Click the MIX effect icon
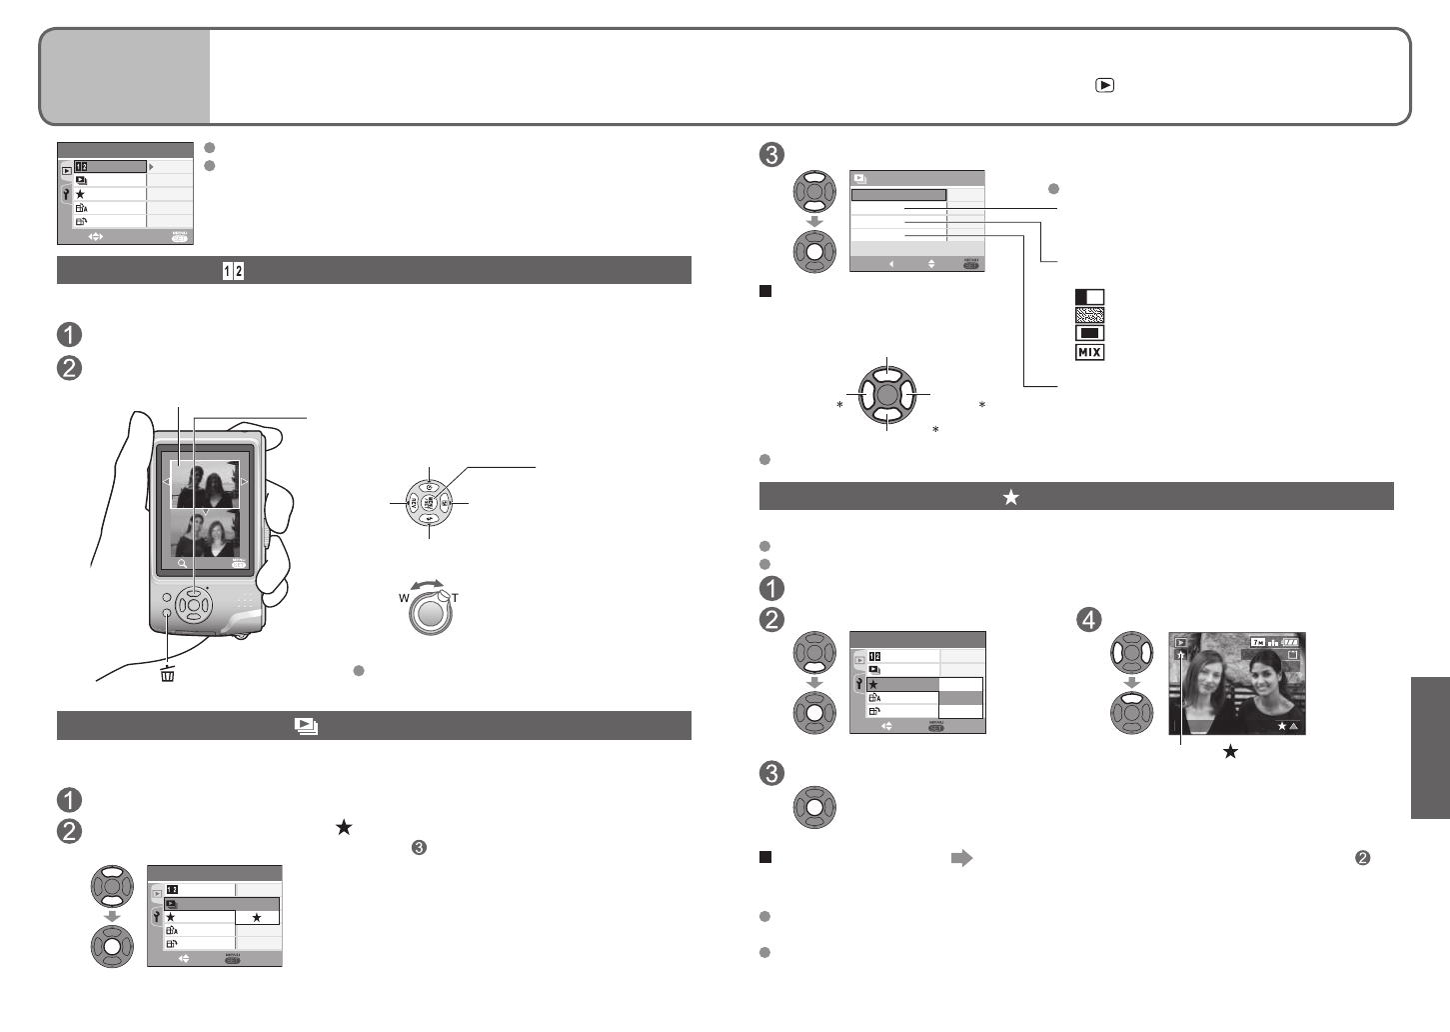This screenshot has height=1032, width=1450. pos(1089,352)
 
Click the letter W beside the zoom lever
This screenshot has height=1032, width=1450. pos(405,598)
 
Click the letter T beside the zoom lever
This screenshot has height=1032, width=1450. pos(455,598)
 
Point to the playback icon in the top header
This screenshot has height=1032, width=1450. pos(1104,85)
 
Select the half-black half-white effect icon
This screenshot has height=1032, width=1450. pos(1089,297)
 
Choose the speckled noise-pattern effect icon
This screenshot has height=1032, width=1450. pos(1089,315)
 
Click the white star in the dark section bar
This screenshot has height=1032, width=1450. pos(1010,497)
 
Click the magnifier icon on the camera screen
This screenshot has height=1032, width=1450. pos(184,564)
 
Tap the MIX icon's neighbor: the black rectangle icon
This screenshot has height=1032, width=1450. pos(1089,333)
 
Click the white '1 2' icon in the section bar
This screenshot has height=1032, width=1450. pos(234,271)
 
